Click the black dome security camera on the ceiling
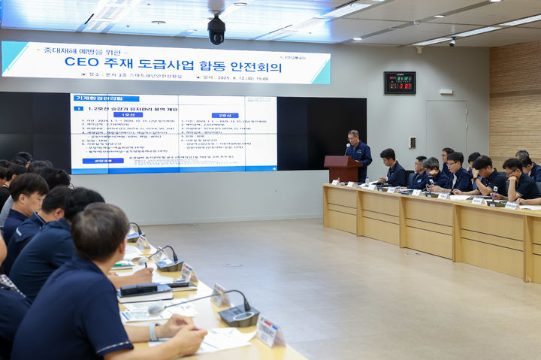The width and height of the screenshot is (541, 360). pyautogui.click(x=216, y=29)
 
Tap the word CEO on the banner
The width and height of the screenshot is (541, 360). pyautogui.click(x=82, y=62)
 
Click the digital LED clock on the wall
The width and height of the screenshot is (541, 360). pyautogui.click(x=400, y=82)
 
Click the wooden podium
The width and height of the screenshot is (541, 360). pyautogui.click(x=342, y=169)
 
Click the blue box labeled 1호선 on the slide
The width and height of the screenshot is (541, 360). pyautogui.click(x=128, y=115)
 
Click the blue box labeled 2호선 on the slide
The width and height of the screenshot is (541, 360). pyautogui.click(x=225, y=115)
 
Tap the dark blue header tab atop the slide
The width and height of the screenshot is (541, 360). pyautogui.click(x=106, y=98)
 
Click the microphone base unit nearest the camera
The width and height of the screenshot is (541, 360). pyautogui.click(x=239, y=315)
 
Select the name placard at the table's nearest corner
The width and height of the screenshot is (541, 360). pyautogui.click(x=268, y=331)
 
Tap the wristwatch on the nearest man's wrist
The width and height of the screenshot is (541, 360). pyautogui.click(x=153, y=331)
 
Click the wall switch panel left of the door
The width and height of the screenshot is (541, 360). pyautogui.click(x=412, y=142)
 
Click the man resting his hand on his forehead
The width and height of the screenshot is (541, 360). pyautogui.click(x=485, y=176)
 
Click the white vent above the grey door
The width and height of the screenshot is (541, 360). pyautogui.click(x=446, y=92)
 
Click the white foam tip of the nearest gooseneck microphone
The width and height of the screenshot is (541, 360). pyautogui.click(x=156, y=308)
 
